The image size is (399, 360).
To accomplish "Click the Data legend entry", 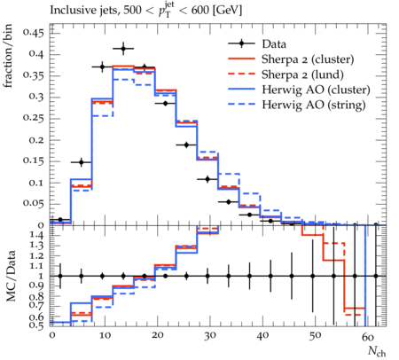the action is click(274, 44).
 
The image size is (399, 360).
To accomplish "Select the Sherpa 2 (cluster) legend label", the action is click(308, 59).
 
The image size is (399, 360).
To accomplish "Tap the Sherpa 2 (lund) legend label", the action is click(302, 74).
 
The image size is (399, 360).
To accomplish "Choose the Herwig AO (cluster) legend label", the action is click(316, 90).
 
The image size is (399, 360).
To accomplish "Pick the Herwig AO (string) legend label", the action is click(314, 105).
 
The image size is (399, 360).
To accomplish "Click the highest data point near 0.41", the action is click(123, 49).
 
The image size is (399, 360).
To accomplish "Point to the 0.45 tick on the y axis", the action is click(34, 33).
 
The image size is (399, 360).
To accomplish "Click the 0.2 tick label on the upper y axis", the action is click(36, 140).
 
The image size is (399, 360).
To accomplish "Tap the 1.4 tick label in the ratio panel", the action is click(37, 236).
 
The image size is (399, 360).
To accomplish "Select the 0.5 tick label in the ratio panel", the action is click(37, 325).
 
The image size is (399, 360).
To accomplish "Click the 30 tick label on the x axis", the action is click(210, 336).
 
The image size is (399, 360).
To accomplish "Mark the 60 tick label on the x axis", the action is click(368, 336).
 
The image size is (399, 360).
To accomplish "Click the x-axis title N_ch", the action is click(377, 351).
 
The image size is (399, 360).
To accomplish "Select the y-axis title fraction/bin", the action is click(8, 56).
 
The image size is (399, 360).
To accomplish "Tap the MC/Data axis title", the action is click(11, 276).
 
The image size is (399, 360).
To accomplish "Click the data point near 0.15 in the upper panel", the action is click(82, 162).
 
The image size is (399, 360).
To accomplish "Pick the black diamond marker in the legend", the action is click(241, 44).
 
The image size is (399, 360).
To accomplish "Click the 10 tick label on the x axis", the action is click(105, 336).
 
